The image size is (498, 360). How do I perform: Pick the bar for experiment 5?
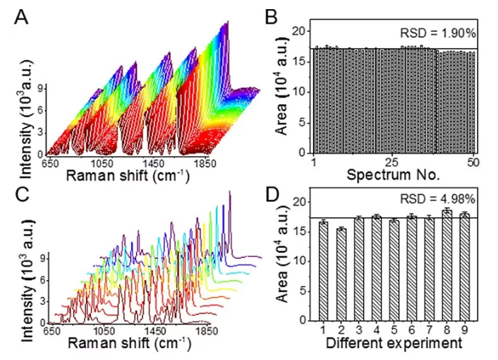[394, 270]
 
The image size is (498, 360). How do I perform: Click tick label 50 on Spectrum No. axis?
[473, 162]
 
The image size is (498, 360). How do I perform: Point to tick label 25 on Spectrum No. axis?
[392, 162]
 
